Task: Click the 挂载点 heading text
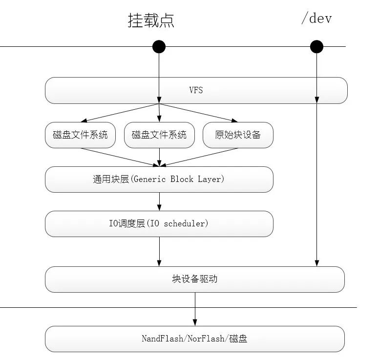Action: (x=151, y=20)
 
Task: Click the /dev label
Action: (x=316, y=19)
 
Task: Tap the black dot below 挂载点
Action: (x=159, y=47)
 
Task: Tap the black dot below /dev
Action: (x=316, y=47)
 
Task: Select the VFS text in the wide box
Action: (x=196, y=90)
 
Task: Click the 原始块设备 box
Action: (x=238, y=135)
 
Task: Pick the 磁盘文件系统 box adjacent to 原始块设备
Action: (x=159, y=135)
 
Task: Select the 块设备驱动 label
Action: (x=194, y=280)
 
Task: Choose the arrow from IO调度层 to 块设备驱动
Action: (x=159, y=252)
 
